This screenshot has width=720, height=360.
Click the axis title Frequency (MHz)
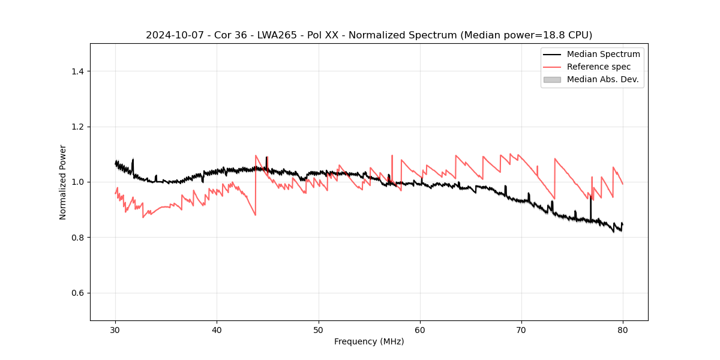tap(369, 341)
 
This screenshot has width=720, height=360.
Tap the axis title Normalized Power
tap(63, 182)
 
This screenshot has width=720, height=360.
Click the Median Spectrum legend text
tap(603, 54)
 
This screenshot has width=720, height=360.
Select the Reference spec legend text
tap(599, 67)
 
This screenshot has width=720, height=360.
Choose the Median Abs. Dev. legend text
tap(602, 79)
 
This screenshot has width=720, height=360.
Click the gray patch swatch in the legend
tap(552, 79)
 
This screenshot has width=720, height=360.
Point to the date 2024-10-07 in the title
tap(170, 35)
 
